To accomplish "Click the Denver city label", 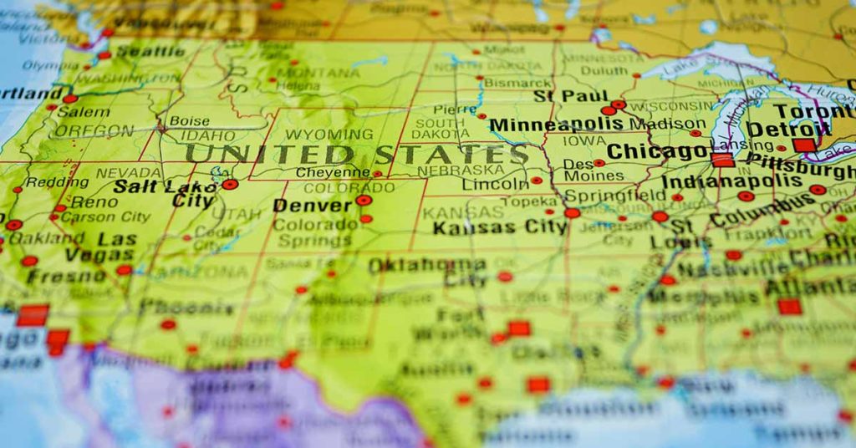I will pos(313,206).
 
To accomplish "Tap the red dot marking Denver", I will pos(363,201).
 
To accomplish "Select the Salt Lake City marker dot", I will pos(230,184).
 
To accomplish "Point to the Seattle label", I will pos(150,52).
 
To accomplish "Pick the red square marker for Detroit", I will pos(804,145).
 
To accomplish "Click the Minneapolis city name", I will pos(556,125).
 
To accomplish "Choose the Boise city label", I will pos(189,121).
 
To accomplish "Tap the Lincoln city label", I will pos(496,183).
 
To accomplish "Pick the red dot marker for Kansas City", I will pos(572,213).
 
